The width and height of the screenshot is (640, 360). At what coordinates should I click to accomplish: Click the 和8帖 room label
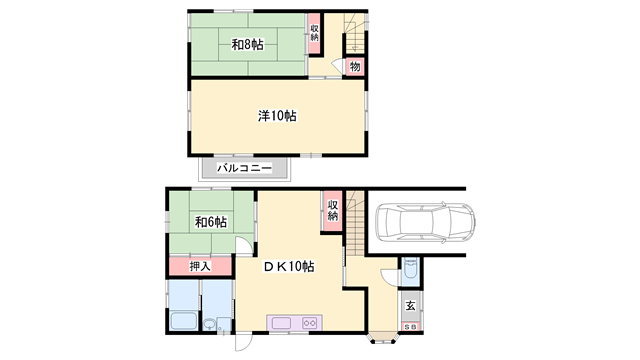(247, 44)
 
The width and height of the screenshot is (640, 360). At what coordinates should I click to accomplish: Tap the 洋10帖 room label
(277, 116)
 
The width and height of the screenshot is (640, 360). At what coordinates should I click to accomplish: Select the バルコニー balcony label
(244, 168)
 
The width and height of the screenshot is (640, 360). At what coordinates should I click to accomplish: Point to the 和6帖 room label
(211, 222)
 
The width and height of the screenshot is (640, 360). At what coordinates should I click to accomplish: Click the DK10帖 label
(289, 267)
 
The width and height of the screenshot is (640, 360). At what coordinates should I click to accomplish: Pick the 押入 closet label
(200, 267)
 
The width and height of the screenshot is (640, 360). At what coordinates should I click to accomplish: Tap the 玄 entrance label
(411, 305)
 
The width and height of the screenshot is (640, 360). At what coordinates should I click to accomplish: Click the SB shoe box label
(411, 327)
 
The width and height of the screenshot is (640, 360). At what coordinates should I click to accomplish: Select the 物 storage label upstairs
(355, 66)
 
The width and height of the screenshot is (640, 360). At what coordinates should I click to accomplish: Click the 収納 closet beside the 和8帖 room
(314, 33)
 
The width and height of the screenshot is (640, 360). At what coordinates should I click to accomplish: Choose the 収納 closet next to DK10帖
(333, 211)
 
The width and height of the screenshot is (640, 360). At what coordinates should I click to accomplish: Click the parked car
(425, 222)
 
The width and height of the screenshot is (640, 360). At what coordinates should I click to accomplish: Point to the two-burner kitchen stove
(309, 323)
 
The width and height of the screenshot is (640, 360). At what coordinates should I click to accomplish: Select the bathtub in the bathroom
(183, 320)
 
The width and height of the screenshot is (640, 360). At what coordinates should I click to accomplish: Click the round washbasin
(209, 324)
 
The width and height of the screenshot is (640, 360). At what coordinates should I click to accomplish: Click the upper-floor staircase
(355, 33)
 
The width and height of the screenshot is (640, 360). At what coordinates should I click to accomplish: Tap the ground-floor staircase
(355, 223)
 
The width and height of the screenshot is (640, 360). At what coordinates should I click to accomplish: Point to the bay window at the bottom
(383, 338)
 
